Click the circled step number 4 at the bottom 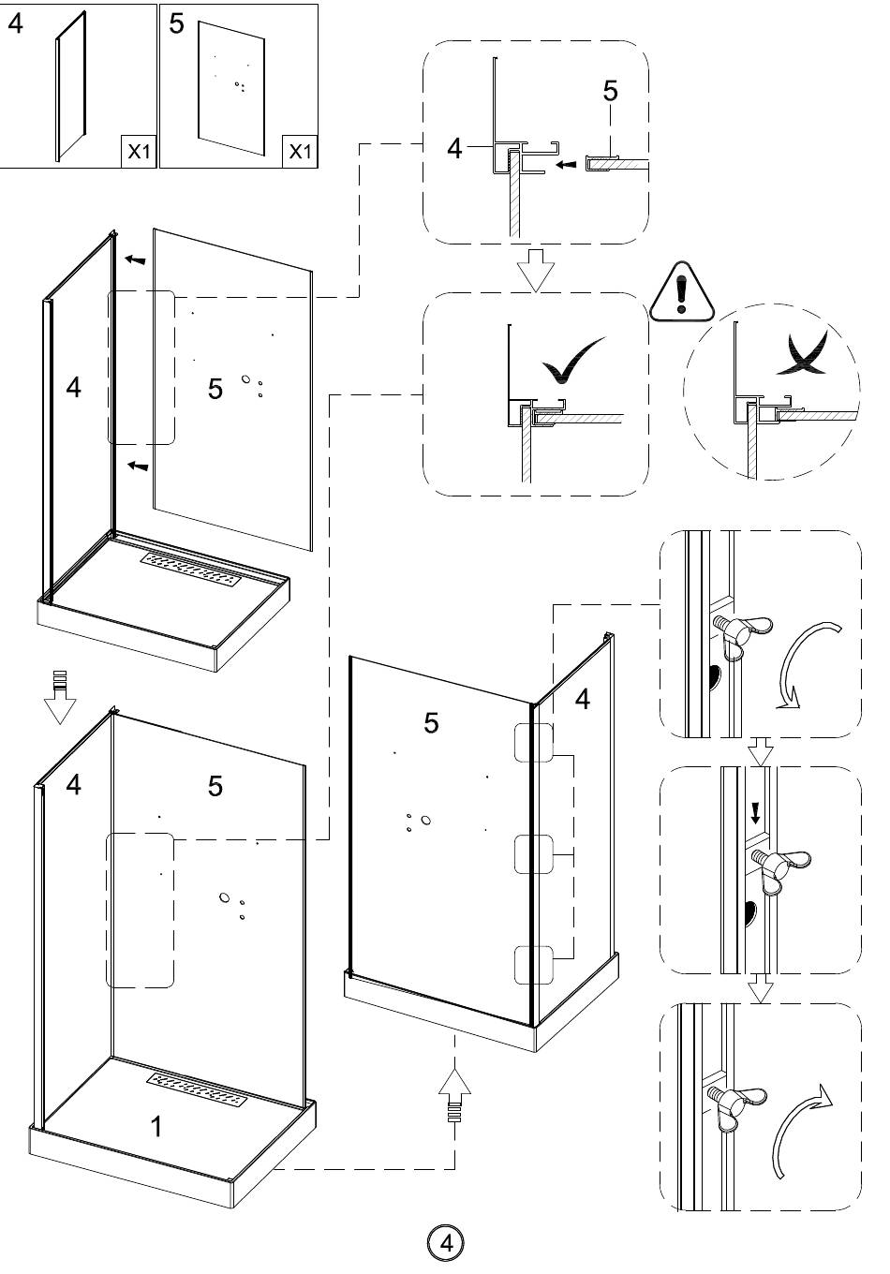[445, 1243]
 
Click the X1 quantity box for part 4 [139, 152]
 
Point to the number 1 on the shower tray [156, 1126]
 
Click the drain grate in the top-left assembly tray [191, 570]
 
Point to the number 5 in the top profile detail [611, 91]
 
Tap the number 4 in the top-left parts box [16, 24]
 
